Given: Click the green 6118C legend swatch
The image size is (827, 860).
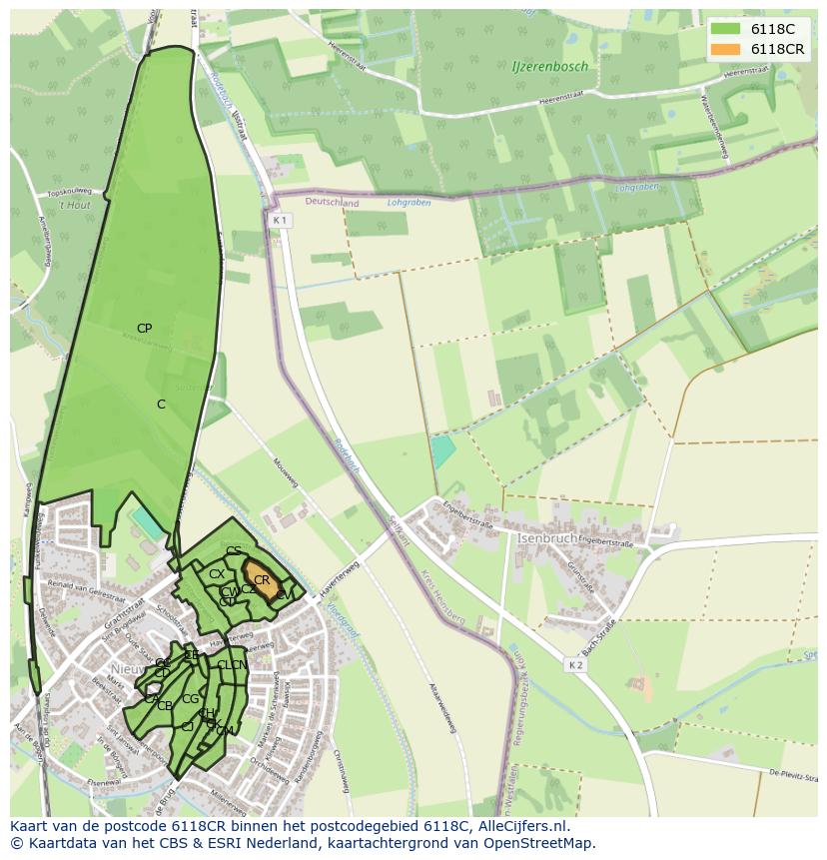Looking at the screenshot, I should (x=726, y=30).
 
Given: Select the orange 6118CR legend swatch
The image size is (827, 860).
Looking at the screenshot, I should (x=726, y=49).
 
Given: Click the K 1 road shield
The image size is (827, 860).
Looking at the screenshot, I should (x=280, y=220).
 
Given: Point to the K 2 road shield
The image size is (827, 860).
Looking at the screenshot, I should (x=575, y=665).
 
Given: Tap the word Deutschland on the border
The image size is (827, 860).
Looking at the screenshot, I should (x=332, y=203).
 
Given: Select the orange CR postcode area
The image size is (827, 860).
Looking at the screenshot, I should (x=262, y=580).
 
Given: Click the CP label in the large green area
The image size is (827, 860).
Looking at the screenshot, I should (x=144, y=328).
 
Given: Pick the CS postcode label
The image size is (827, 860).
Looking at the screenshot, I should (x=234, y=551).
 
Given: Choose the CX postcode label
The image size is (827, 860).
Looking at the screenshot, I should (x=216, y=574).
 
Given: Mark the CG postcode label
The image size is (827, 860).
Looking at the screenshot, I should (x=190, y=699).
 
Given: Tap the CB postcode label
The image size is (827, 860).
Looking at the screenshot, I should (x=165, y=706).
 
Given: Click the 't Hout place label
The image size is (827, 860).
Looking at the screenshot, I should (x=74, y=205).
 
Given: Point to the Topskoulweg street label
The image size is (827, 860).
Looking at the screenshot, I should (x=70, y=191).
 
